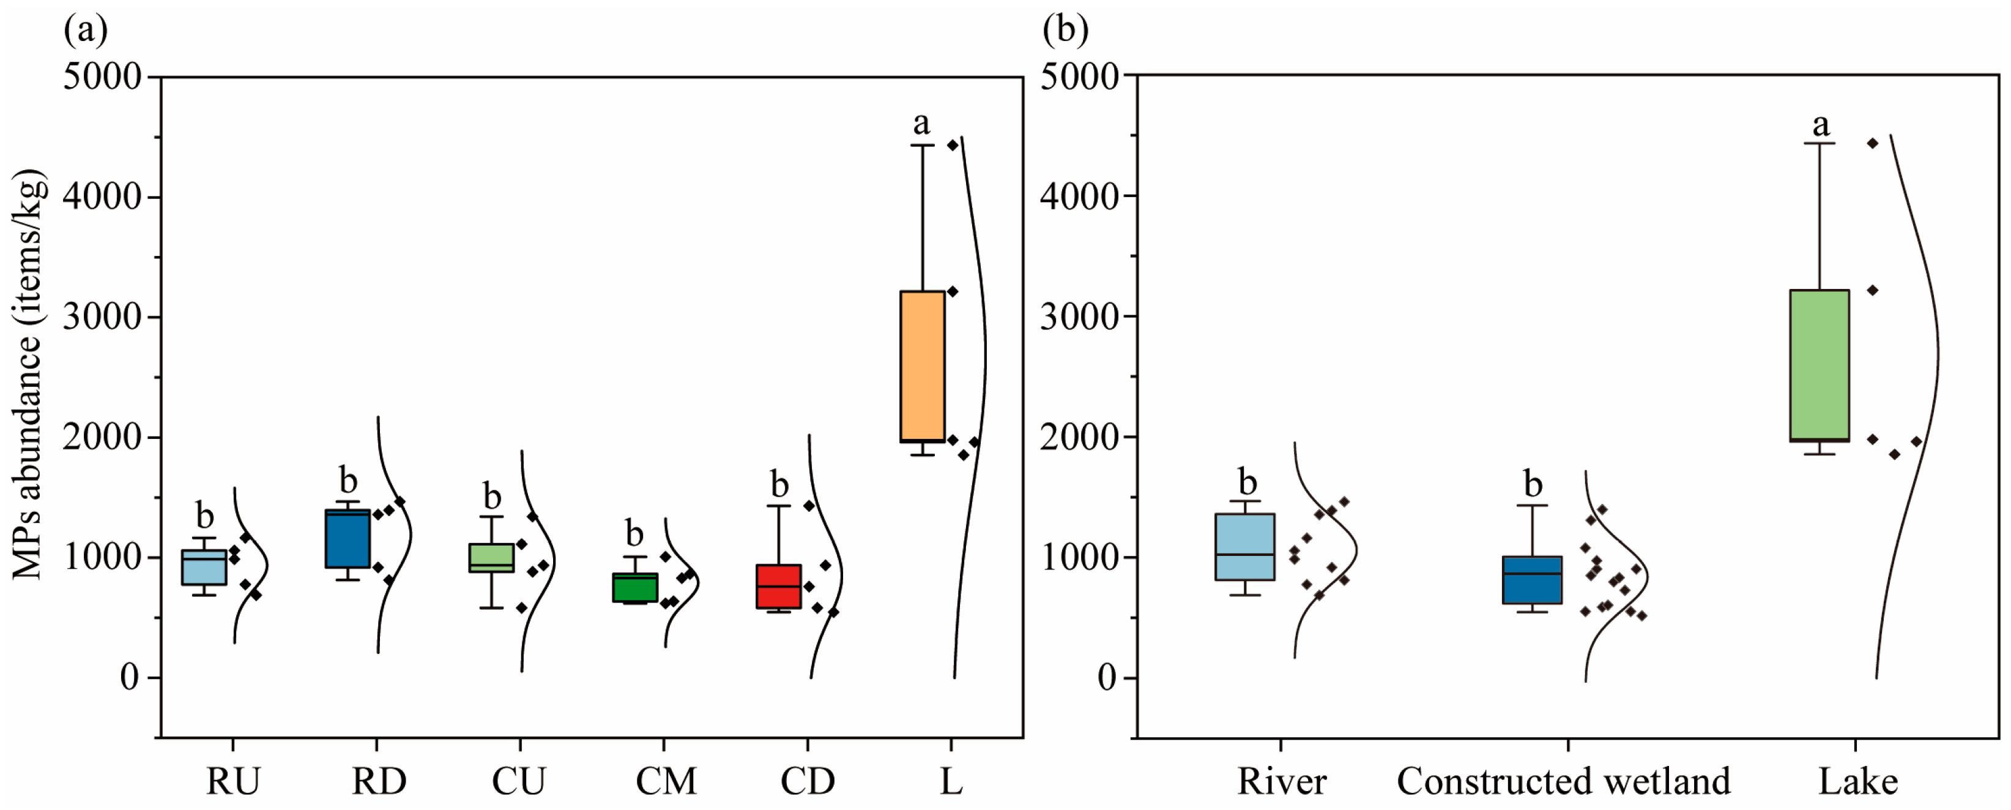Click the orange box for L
(x=922, y=366)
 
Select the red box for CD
(x=778, y=586)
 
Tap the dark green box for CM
(x=634, y=587)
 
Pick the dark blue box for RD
(x=348, y=538)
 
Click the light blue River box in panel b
(x=1244, y=547)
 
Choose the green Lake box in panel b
(x=1820, y=366)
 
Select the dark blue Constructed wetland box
(x=1533, y=580)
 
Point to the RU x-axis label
(x=232, y=781)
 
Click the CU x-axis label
(x=519, y=781)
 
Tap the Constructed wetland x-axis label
(x=1564, y=781)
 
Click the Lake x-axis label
(x=1857, y=781)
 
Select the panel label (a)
(x=85, y=29)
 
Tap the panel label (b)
(x=1065, y=29)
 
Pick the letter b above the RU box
(x=204, y=516)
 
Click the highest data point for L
(x=953, y=145)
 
